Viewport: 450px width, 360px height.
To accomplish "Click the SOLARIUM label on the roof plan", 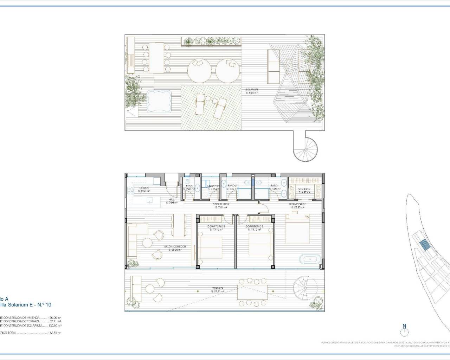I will (x=252, y=90).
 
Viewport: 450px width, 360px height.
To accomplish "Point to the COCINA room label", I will (x=144, y=188).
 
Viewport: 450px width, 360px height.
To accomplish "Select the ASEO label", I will (x=189, y=186).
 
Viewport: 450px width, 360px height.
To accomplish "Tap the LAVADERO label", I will (x=213, y=186).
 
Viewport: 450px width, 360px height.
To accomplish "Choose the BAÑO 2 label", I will (x=232, y=186).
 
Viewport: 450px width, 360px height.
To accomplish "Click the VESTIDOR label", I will (x=305, y=189).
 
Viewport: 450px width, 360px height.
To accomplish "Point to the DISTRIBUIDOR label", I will (x=221, y=204).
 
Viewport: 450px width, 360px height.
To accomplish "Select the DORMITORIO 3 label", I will (x=216, y=226).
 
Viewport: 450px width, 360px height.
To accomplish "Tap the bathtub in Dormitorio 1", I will (x=309, y=259).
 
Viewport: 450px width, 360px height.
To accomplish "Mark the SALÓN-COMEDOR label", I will (x=175, y=247).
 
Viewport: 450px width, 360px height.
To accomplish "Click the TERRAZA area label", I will (x=217, y=288).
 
